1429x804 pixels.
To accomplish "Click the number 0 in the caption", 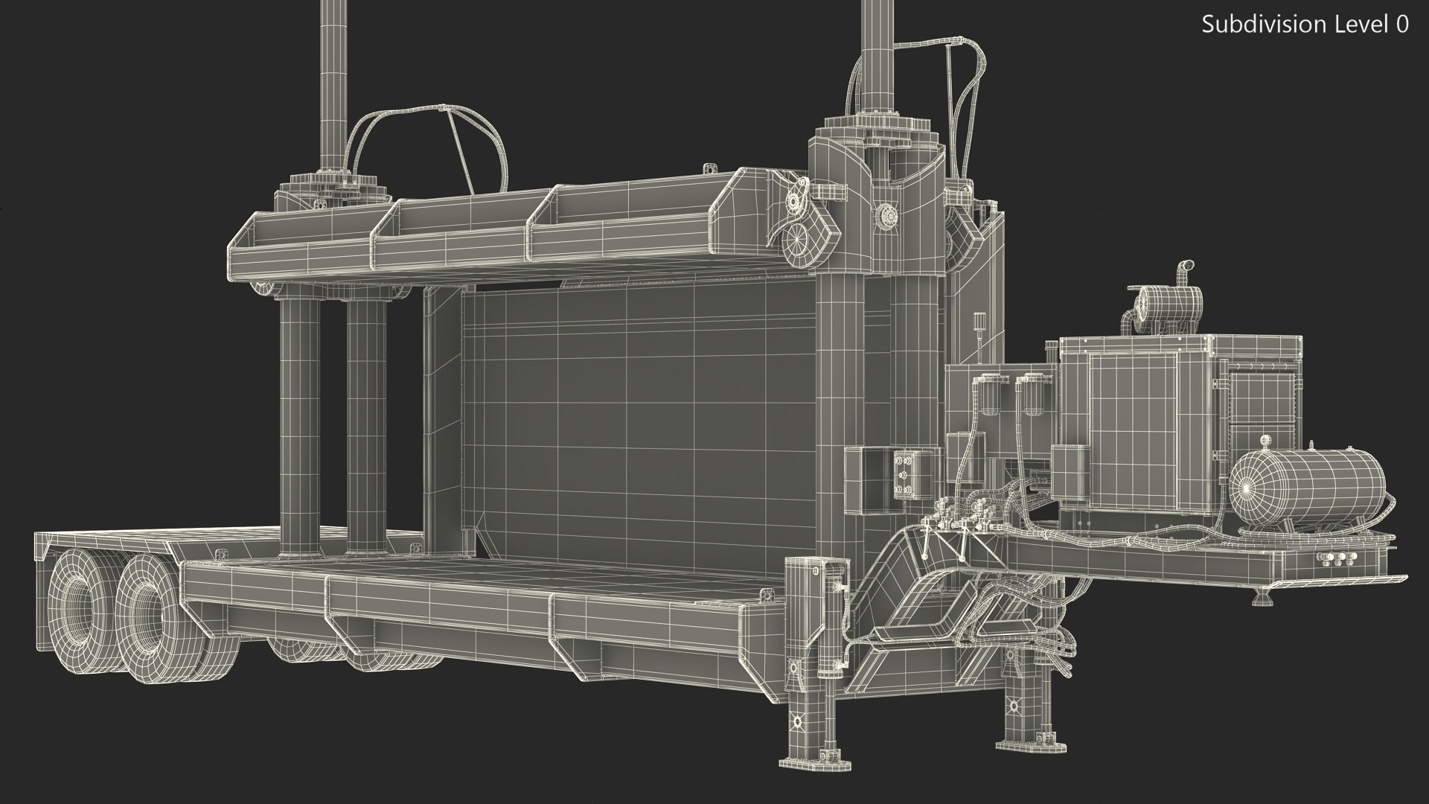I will point(1401,25).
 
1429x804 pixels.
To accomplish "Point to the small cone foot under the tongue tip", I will point(1259,598).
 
